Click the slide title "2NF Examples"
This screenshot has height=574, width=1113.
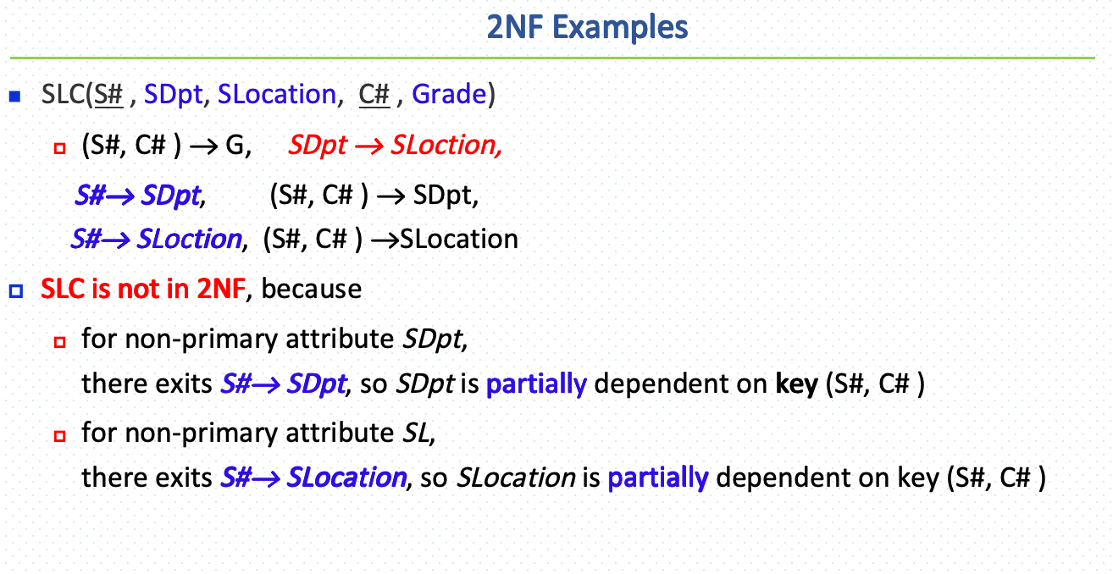coord(586,28)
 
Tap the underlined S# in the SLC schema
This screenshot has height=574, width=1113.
coord(109,94)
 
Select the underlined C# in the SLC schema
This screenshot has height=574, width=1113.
coord(374,94)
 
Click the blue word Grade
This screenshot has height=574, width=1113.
coord(448,94)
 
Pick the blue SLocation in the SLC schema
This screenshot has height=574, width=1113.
coord(276,94)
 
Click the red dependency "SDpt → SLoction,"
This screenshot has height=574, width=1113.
coord(396,146)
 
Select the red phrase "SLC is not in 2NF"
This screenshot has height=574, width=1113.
coord(143,290)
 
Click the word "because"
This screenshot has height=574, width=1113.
coord(312,290)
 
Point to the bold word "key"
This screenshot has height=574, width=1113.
coord(796,384)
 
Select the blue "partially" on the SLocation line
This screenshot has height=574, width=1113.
coord(657,478)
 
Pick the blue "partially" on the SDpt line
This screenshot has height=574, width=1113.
coord(536,384)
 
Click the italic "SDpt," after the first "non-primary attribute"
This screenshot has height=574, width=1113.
coord(434,339)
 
